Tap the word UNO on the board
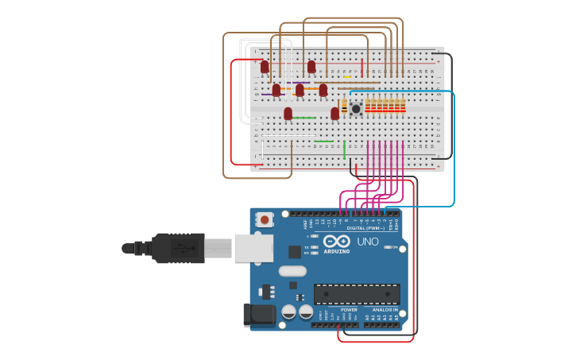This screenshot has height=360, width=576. pyautogui.click(x=367, y=242)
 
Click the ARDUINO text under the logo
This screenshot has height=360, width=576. pyautogui.click(x=338, y=251)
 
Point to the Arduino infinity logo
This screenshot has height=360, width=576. pyautogui.click(x=337, y=241)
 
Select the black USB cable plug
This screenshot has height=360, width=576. pyautogui.click(x=179, y=248)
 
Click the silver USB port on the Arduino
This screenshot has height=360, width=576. pyautogui.click(x=253, y=248)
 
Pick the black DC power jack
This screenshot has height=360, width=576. pyautogui.click(x=259, y=315)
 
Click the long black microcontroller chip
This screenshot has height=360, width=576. pyautogui.click(x=357, y=294)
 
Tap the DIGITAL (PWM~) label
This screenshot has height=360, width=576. pyautogui.click(x=365, y=228)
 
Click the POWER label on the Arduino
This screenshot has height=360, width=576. pyautogui.click(x=349, y=310)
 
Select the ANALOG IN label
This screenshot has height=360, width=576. pyautogui.click(x=385, y=310)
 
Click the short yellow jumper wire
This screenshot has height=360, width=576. pyautogui.click(x=347, y=77)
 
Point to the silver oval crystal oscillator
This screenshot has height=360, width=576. pyautogui.click(x=292, y=270)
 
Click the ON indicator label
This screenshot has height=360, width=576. pyautogui.click(x=394, y=247)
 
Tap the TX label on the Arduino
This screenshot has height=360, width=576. pyautogui.click(x=307, y=247)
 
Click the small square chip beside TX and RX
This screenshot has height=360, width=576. pyautogui.click(x=295, y=252)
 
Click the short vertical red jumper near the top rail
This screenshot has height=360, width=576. pyautogui.click(x=361, y=67)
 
